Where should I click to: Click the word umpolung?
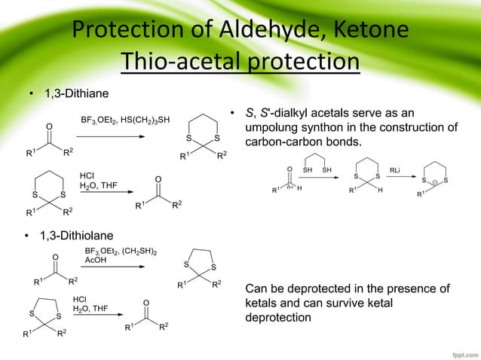[271, 128]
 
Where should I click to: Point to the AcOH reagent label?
[96, 261]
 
